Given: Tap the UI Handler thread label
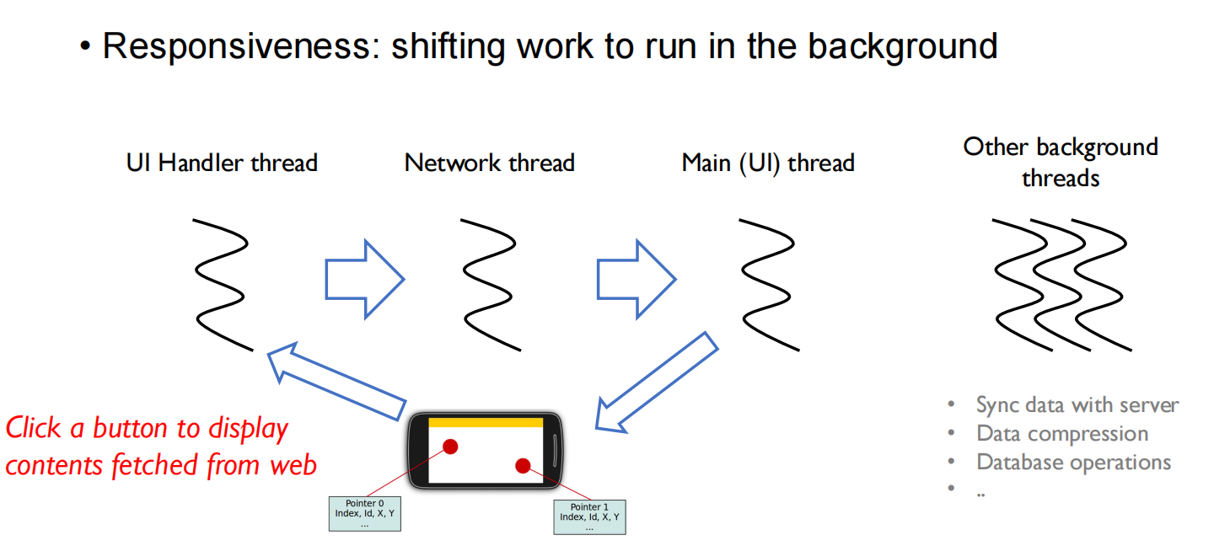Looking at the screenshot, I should click(x=222, y=163).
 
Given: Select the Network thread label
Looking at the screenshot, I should click(x=489, y=163).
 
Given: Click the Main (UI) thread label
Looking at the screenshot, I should click(x=768, y=163).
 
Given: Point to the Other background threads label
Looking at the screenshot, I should click(x=1061, y=162).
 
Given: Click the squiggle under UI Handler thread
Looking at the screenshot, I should click(x=222, y=284).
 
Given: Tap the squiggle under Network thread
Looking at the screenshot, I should click(x=490, y=284).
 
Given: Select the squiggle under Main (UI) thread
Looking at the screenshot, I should click(x=768, y=284).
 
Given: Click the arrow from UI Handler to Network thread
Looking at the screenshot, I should click(x=365, y=279).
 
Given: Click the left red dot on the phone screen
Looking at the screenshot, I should click(x=450, y=447).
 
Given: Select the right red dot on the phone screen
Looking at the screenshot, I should click(x=523, y=466).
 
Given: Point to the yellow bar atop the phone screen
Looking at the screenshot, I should click(x=485, y=422).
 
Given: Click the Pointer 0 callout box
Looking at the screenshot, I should click(x=364, y=514).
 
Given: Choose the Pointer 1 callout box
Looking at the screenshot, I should click(x=589, y=517).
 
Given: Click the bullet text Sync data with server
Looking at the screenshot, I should click(x=1077, y=405).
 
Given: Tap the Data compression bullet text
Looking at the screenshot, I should click(x=1061, y=434).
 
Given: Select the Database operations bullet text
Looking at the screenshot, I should click(x=1073, y=463).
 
